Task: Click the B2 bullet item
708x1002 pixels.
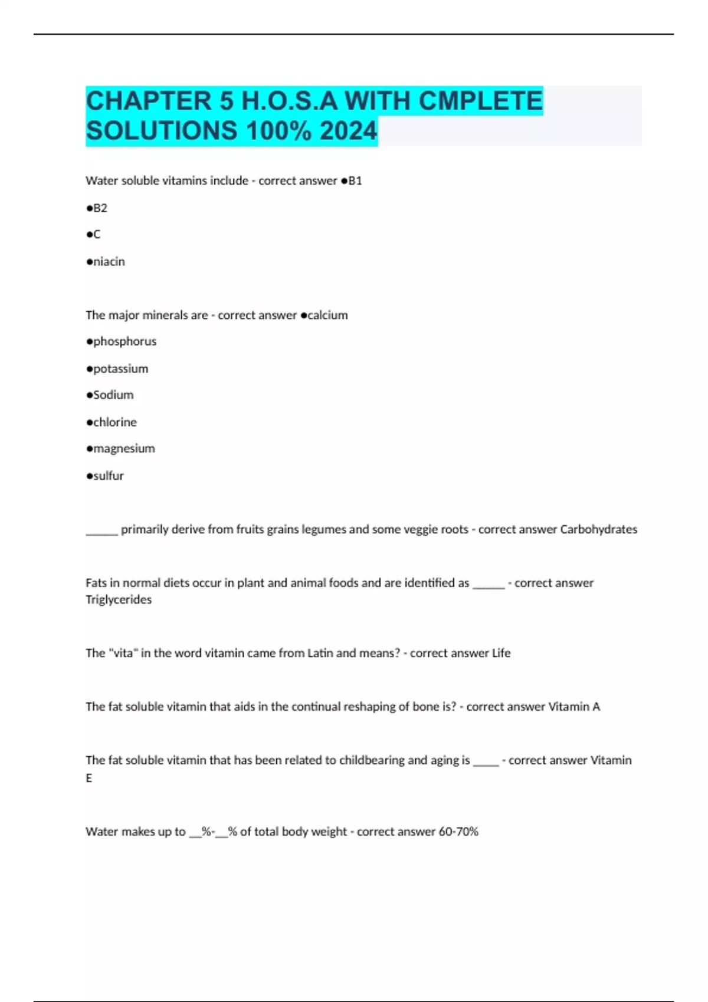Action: (100, 208)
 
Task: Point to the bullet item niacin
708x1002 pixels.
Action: (109, 262)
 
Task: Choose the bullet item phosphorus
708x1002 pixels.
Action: (124, 342)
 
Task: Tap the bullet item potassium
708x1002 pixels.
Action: (120, 369)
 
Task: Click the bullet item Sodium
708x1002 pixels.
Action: (113, 395)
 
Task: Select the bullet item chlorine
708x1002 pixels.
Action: (114, 422)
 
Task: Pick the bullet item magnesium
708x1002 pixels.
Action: (124, 449)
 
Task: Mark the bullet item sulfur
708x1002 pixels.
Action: (108, 476)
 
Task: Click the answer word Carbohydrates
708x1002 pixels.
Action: (598, 529)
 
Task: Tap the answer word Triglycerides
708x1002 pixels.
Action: (119, 599)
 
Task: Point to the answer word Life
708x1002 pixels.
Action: (501, 653)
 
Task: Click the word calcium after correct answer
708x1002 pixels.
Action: (327, 315)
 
